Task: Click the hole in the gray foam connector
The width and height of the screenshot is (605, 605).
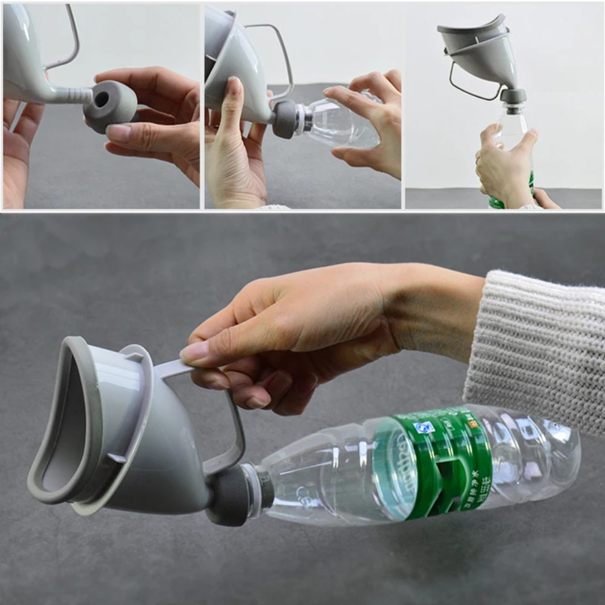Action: tap(100, 99)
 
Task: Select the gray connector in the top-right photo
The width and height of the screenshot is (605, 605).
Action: tap(513, 97)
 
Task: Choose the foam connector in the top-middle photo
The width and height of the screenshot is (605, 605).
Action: tap(284, 118)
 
